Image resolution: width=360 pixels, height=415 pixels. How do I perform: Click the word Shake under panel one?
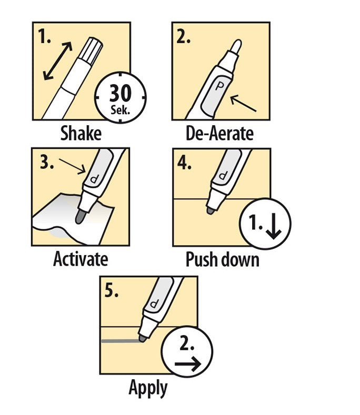click(x=81, y=133)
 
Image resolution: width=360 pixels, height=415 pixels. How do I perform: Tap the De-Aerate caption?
click(x=219, y=133)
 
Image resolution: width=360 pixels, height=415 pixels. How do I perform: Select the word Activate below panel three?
click(x=81, y=259)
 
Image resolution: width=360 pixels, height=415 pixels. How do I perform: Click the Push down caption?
click(x=223, y=259)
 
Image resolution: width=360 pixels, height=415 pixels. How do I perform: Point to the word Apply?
click(x=148, y=388)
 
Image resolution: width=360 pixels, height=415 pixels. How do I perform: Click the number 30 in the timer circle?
click(x=121, y=93)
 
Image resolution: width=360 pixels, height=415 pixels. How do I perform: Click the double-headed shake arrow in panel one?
click(x=58, y=61)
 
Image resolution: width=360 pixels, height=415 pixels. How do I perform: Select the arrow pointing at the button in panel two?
click(x=243, y=103)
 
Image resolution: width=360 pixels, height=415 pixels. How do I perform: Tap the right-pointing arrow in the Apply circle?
click(x=187, y=364)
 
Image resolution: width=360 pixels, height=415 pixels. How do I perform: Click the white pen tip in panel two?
click(x=236, y=47)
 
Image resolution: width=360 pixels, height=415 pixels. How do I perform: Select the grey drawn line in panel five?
click(x=121, y=341)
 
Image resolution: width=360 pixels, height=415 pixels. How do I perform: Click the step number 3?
click(x=47, y=162)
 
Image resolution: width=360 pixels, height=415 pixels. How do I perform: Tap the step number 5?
click(x=111, y=291)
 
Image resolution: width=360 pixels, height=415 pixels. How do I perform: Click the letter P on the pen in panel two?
click(x=219, y=86)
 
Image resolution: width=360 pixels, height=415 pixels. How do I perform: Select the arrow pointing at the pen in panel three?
click(x=72, y=167)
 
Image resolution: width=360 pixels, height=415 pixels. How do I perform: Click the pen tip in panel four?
click(x=211, y=211)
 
